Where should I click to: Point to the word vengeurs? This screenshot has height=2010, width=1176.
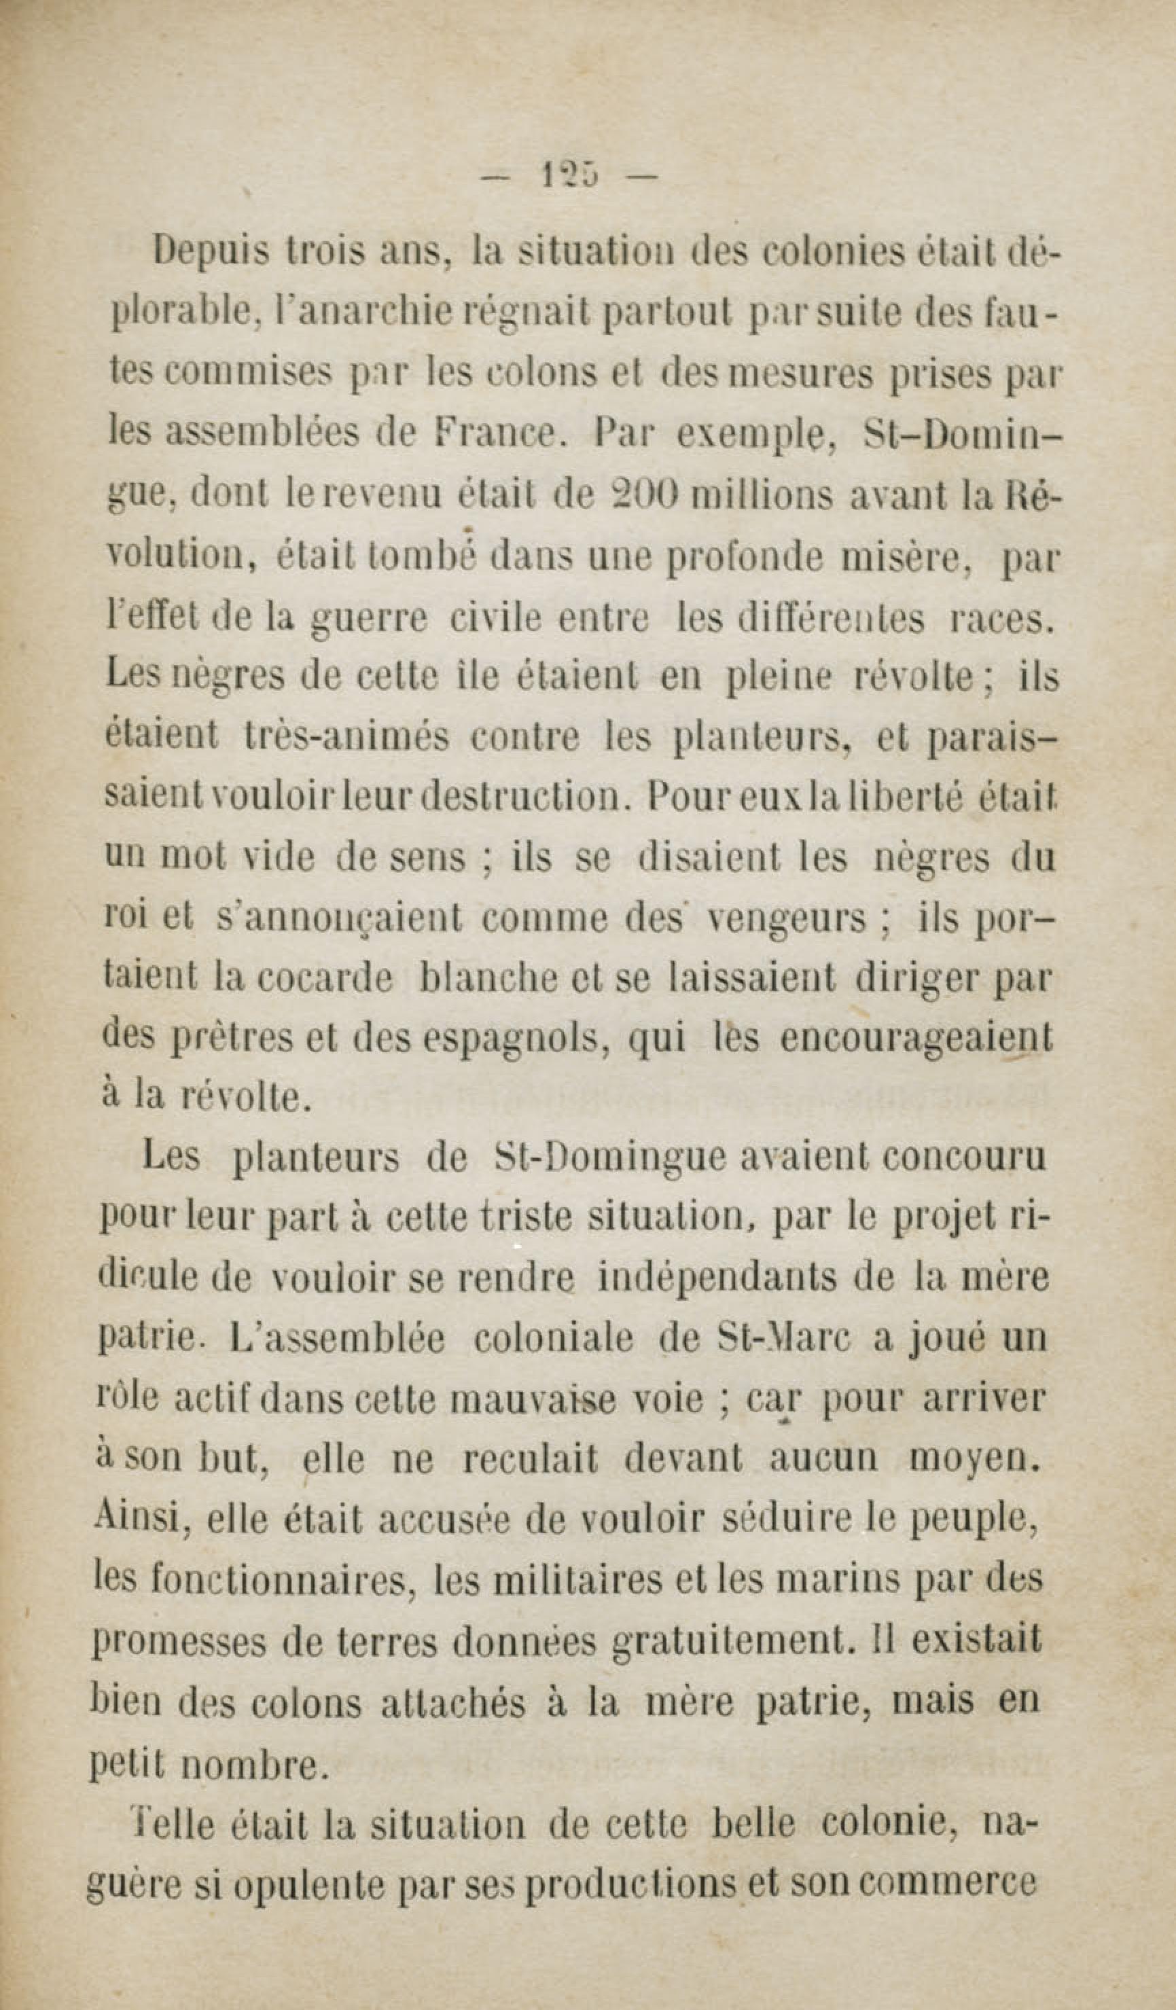click(x=787, y=920)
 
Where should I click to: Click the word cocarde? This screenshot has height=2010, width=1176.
click(x=325, y=979)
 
